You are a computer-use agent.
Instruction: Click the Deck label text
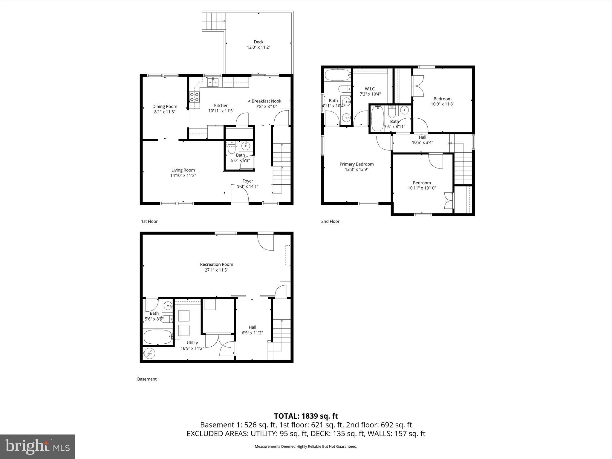258,42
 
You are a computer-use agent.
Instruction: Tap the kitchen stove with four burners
194,97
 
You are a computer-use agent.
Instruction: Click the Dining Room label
165,106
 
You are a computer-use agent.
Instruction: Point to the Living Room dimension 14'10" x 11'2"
183,175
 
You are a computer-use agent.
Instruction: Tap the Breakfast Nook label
266,101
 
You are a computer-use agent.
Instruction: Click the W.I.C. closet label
370,89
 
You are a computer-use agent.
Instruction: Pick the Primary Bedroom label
357,164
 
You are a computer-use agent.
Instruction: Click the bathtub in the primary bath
337,75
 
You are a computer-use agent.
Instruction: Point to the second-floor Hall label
422,137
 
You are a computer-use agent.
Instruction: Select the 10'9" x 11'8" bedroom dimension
443,104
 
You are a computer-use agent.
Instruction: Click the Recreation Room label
216,264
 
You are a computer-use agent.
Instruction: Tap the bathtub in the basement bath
158,337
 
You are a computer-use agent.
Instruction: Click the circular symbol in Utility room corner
149,354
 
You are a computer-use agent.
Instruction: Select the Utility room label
192,343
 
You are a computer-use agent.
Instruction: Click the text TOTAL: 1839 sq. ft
306,416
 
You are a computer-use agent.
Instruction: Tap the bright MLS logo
37,447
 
